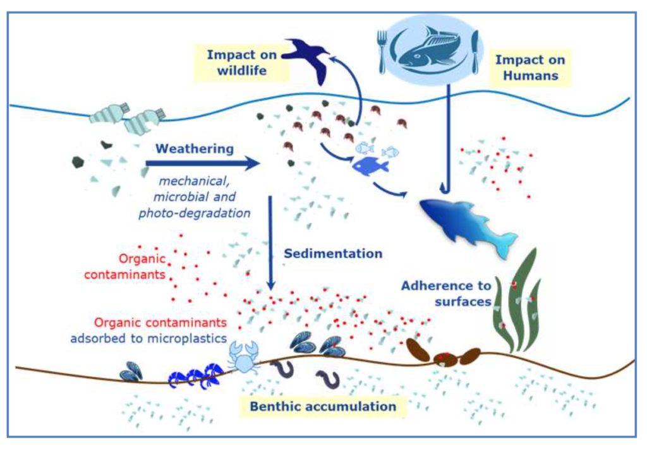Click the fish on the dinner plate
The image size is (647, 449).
pos(428,49)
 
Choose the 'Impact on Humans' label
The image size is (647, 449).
pos(529,68)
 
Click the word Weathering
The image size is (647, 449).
pos(194,150)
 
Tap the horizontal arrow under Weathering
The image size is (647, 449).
pos(202,164)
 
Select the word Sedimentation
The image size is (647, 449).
pos(332,254)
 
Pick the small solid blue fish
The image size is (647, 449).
pos(370,166)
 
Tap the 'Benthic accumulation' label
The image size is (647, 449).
pos(323,405)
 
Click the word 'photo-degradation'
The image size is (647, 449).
pos(195,212)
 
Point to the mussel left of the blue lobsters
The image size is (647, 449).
pos(131,372)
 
